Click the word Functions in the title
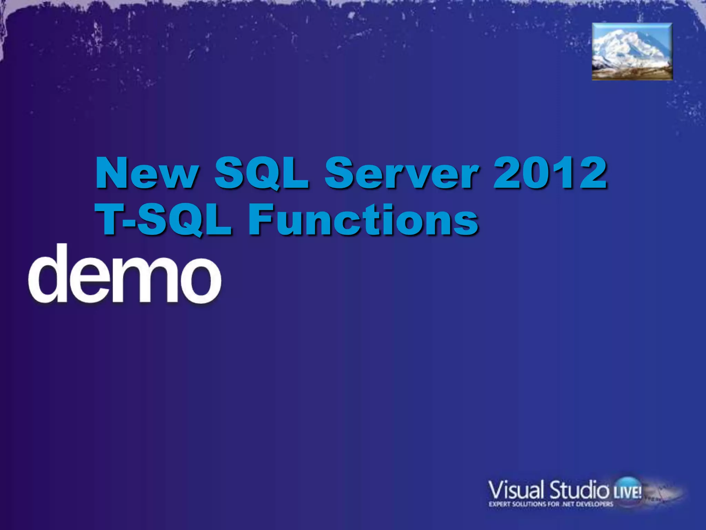[363, 219]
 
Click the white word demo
[124, 274]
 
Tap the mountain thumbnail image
[632, 52]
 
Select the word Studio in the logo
[579, 490]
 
